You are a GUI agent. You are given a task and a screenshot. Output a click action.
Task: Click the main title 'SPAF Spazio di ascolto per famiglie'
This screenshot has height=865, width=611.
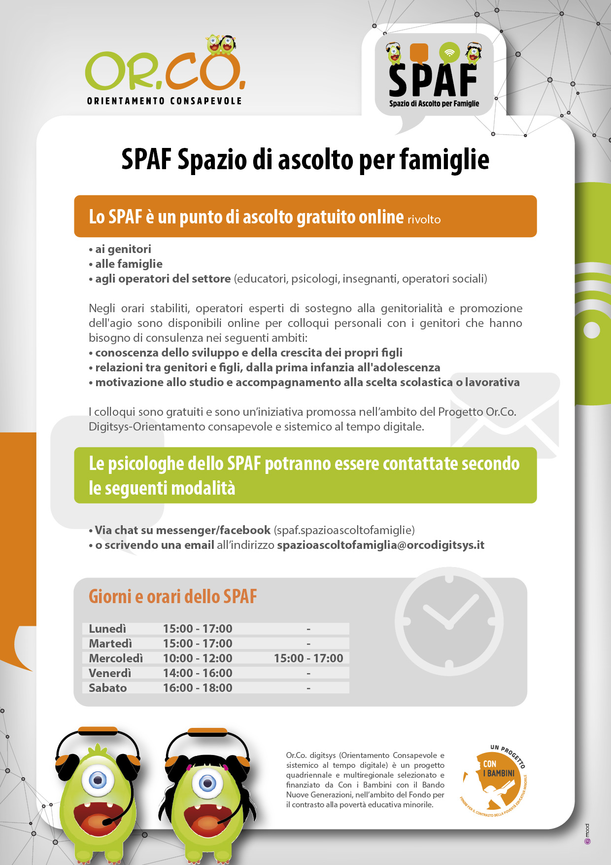[305, 160]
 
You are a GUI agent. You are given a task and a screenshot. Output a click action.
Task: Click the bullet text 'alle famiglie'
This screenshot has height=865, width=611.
[129, 264]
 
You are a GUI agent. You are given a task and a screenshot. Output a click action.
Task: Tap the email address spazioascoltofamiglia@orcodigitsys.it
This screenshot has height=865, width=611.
[380, 545]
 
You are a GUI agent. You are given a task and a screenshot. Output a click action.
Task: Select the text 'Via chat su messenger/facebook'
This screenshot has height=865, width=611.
[182, 530]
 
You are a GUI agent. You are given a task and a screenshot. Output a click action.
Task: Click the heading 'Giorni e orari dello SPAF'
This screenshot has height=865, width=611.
[172, 597]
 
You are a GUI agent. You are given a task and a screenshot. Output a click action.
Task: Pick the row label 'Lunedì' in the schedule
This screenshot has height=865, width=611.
[107, 629]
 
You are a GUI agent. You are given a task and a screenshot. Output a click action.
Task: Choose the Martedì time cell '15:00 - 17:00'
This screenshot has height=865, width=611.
[198, 644]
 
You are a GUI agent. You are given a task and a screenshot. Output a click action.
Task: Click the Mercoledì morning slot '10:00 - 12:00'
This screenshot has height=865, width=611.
[198, 658]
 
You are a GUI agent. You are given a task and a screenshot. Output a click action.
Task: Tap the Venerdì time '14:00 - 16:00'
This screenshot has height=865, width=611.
[198, 673]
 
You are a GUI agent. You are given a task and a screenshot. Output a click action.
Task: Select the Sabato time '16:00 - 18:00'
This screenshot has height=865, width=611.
[198, 688]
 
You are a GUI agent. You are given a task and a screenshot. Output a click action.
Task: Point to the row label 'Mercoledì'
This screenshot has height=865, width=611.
[116, 658]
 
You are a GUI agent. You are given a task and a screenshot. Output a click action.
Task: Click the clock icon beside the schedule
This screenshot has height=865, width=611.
[449, 622]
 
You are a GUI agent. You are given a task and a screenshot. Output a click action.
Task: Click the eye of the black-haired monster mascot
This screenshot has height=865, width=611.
[207, 783]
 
